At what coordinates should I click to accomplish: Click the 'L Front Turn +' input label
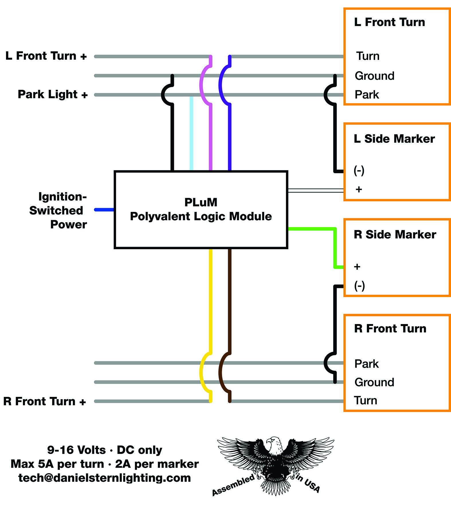46,56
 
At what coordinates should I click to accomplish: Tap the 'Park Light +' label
52,94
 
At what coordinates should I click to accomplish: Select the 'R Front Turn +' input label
45,401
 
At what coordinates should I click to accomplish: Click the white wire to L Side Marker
315,190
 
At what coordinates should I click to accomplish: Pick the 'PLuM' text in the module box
201,202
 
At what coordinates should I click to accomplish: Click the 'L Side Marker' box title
394,139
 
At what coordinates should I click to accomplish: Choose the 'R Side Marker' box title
395,235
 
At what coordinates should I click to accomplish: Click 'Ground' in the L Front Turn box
374,76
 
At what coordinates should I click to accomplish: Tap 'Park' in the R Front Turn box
366,364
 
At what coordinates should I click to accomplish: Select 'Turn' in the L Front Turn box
368,56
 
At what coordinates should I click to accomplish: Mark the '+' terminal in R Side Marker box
357,267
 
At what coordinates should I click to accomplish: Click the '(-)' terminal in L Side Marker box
359,171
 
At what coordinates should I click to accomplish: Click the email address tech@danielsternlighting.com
105,478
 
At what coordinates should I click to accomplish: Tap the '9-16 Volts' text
77,450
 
